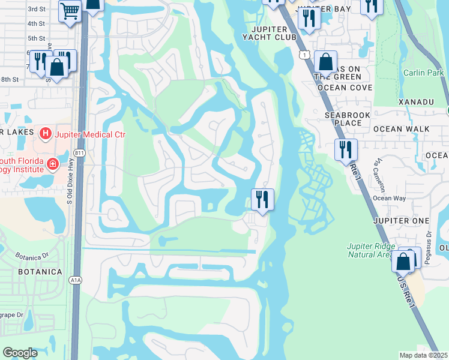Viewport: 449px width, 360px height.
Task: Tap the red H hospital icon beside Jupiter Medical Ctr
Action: [x=44, y=133]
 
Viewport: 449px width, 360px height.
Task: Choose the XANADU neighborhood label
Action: [x=415, y=102]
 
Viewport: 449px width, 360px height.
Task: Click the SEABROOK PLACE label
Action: [x=343, y=119]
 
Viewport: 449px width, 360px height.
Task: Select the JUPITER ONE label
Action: [x=400, y=221]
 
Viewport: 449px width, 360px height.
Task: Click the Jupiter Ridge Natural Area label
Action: [x=371, y=250]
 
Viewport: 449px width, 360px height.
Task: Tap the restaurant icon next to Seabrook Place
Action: [x=346, y=149]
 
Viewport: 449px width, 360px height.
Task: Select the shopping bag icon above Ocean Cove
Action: [x=325, y=62]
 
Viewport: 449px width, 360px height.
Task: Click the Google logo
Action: [x=20, y=353]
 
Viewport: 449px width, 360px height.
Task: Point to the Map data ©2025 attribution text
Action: [x=424, y=355]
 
